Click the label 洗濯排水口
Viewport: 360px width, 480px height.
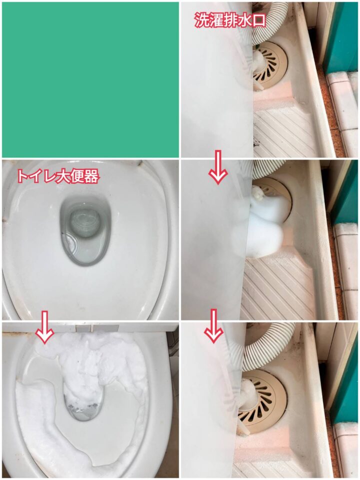click(229, 20)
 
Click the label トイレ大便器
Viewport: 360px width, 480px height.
click(57, 176)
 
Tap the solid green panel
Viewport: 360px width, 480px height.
click(90, 79)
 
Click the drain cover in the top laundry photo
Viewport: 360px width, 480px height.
click(269, 64)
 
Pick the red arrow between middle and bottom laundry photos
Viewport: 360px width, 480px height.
click(213, 325)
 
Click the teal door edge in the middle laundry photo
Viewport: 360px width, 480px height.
click(345, 193)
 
